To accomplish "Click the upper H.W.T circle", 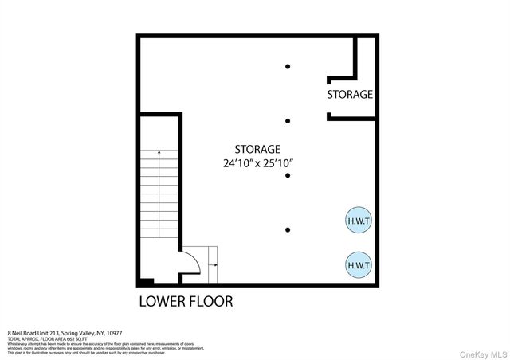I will (356, 221).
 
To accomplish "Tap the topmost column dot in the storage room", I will (288, 66).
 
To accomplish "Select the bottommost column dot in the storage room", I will (288, 230).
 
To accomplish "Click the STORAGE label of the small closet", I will (350, 94).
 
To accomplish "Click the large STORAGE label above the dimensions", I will (257, 149).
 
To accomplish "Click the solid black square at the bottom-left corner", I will (145, 281).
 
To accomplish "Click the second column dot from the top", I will (288, 121).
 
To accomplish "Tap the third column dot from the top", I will (288, 176).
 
